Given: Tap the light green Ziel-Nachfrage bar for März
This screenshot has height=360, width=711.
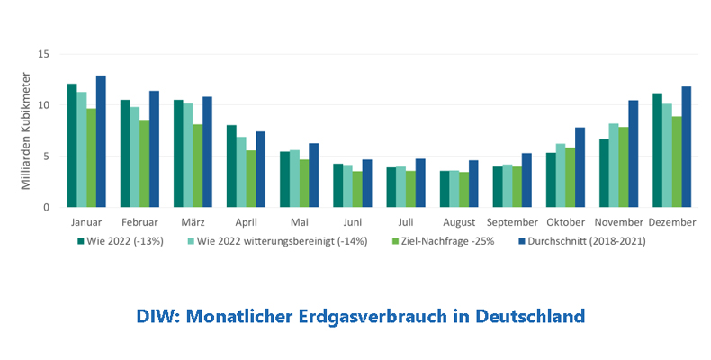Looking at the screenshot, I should (x=197, y=166).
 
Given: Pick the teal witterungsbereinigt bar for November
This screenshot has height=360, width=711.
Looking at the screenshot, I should (x=614, y=166).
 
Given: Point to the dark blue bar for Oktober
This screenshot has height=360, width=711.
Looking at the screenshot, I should (x=580, y=168).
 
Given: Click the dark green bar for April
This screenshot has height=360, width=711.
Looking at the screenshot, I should (x=230, y=166).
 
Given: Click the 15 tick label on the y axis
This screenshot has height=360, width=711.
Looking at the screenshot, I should (x=43, y=54).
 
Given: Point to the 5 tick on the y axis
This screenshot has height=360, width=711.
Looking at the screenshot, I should (x=46, y=157).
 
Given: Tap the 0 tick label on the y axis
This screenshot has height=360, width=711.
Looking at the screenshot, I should (x=46, y=208).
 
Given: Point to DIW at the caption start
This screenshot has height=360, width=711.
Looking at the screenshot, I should (x=156, y=317).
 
